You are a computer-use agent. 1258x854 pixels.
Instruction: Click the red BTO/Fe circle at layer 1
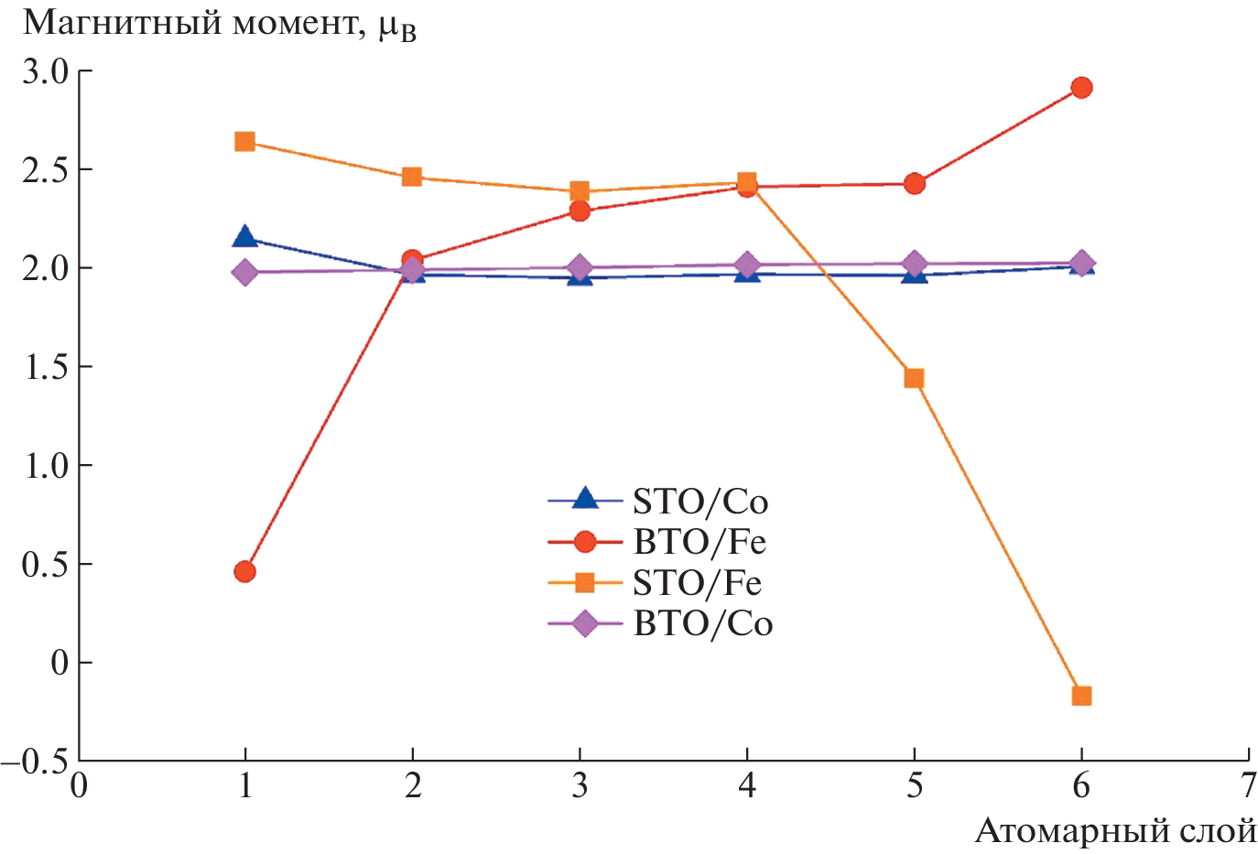244,572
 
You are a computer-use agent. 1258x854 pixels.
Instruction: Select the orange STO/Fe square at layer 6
1081,697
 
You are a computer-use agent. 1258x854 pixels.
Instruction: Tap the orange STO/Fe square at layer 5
914,378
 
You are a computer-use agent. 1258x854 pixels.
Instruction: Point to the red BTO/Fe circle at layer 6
1081,88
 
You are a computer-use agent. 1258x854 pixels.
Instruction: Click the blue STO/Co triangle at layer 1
244,237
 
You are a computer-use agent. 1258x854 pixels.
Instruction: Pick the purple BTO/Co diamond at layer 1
244,273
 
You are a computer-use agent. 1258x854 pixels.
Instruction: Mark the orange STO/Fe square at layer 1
244,141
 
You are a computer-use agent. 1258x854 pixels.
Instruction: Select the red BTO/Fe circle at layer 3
580,211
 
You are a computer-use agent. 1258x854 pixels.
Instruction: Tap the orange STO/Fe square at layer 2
412,177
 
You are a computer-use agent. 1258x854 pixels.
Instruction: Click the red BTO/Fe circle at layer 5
914,184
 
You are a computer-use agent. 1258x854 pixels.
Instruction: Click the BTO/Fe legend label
699,542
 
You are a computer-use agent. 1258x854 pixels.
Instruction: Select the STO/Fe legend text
697,583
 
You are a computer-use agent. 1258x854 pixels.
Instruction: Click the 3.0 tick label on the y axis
46,71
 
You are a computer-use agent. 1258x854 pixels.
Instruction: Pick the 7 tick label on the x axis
1248,785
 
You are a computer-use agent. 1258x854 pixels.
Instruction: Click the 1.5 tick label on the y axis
46,367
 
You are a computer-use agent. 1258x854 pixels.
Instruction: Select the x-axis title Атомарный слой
1115,831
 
